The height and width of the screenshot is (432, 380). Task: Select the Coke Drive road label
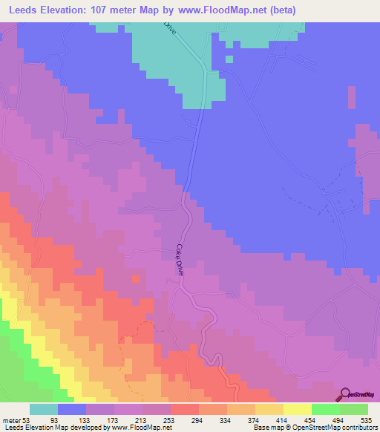coord(180,261)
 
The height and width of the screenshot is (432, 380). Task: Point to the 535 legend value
coord(366,420)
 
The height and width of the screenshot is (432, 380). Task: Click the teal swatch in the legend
coord(44,409)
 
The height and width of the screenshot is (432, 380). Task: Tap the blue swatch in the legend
coord(72,409)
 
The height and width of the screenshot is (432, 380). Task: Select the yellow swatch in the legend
coord(297,409)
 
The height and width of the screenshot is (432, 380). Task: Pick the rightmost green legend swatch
coord(353,409)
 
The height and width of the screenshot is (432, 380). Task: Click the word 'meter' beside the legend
coord(11,420)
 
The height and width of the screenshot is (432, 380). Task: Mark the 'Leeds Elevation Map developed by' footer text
coord(52,428)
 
